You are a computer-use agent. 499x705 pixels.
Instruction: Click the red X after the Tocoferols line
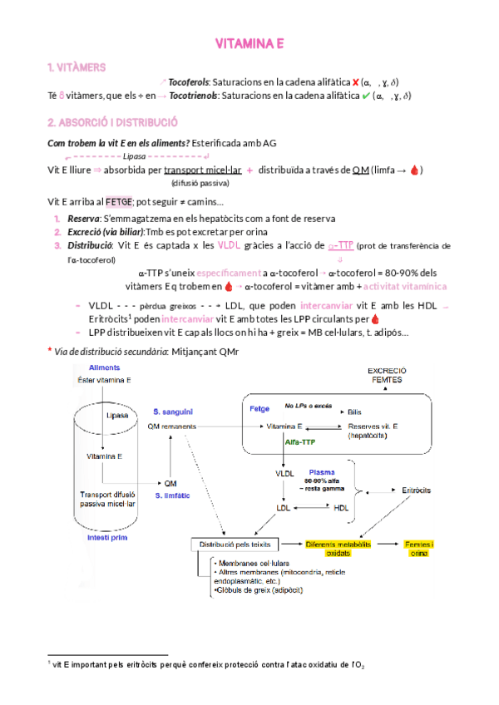coord(356,81)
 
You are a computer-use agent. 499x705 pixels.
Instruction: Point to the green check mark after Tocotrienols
coord(364,96)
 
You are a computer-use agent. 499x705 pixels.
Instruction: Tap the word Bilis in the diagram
coord(354,412)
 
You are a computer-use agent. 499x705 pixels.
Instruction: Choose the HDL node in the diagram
coord(342,506)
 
